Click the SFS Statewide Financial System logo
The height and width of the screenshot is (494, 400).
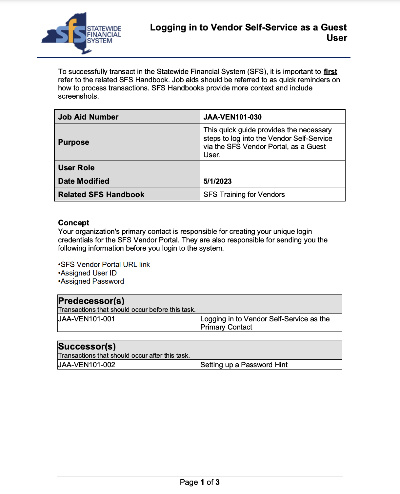point(81,33)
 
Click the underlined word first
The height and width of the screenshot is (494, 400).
point(330,72)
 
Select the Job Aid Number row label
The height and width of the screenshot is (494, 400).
point(88,117)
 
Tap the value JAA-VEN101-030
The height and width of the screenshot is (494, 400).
point(232,117)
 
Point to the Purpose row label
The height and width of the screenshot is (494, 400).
point(74,142)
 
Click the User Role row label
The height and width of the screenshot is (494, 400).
point(76,168)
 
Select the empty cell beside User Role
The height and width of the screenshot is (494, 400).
point(272,167)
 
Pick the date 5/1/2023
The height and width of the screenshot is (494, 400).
point(217,181)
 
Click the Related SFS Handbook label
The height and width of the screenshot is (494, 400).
point(101,195)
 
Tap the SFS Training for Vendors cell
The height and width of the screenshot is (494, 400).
point(244,195)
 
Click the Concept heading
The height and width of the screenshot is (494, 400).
point(73,223)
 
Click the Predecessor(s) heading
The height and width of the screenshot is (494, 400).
point(91,301)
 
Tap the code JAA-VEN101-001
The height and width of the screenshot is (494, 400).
point(87,319)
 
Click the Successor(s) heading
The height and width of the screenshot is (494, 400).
point(87,346)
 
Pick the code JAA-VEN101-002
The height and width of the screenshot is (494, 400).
point(87,365)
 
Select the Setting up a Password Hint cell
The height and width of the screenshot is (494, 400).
point(244,365)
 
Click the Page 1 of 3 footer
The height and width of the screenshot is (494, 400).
point(200,482)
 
